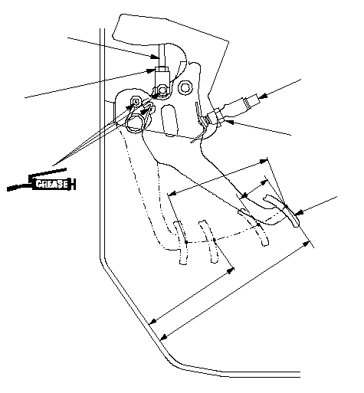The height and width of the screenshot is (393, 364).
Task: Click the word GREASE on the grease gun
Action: point(52,184)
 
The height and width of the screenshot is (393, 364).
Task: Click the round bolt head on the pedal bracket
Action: point(185,87)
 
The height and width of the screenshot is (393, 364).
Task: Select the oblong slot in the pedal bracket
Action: point(169,120)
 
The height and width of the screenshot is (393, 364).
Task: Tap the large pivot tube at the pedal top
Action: point(135,123)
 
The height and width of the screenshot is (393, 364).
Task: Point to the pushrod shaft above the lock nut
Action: point(162,55)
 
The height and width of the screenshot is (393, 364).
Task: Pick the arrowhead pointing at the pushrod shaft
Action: point(155,57)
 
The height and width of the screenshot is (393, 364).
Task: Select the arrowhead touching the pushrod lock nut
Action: point(151,70)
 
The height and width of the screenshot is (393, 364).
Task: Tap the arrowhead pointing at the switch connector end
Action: point(263,96)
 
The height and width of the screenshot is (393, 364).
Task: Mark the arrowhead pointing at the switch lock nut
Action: point(229,122)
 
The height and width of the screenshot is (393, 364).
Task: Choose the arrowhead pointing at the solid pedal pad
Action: point(299,212)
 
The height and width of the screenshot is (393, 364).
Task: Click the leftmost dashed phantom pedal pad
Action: point(181,243)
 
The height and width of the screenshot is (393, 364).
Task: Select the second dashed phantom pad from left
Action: point(209,241)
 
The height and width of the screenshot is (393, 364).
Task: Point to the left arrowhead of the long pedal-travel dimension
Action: point(172,193)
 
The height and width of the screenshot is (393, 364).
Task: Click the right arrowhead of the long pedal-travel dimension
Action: point(264,161)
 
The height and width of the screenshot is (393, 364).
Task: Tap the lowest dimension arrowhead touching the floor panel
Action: point(164,337)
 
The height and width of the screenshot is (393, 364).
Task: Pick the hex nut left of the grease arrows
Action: point(136,101)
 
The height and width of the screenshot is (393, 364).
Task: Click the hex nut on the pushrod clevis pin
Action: point(162,90)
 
